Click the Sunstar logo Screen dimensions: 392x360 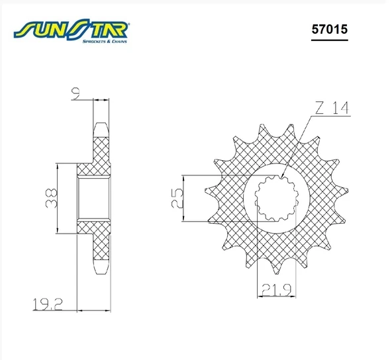tap(72, 30)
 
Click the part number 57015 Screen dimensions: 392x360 tap(330, 29)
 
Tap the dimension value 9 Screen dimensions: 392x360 tap(77, 94)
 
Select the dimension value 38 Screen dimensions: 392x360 tap(51, 199)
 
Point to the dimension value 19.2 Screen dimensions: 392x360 tap(48, 304)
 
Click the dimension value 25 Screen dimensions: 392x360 tap(177, 199)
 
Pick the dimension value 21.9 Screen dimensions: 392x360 tap(277, 290)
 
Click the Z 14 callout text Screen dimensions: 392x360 tap(332, 108)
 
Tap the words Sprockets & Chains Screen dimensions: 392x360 tap(105, 41)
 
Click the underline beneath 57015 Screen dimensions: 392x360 tap(330, 40)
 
